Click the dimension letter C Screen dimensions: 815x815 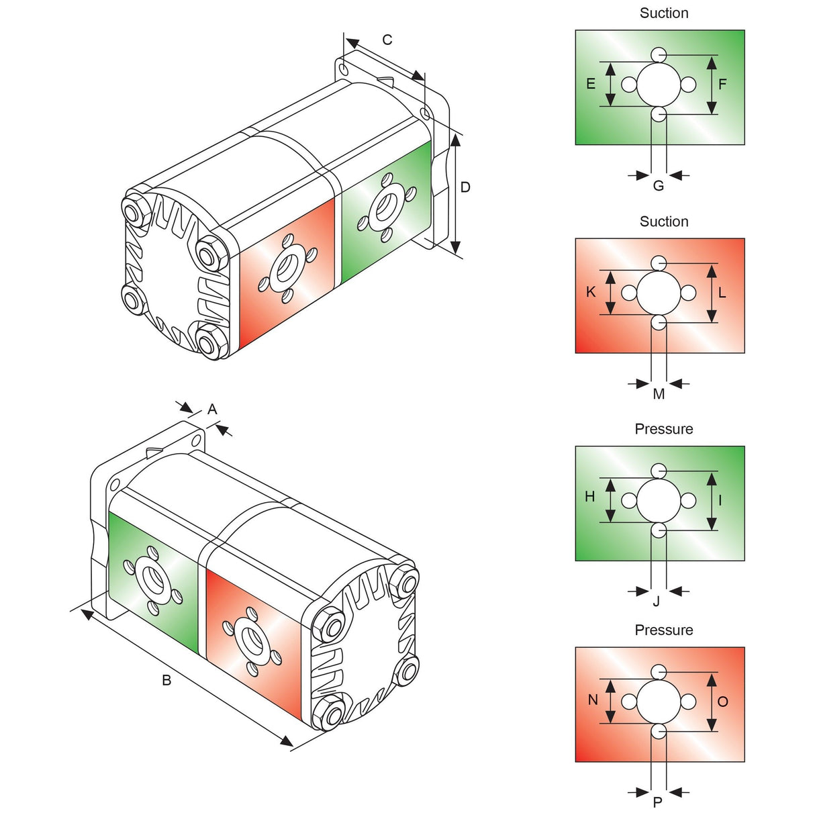coord(387,40)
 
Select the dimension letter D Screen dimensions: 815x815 coord(465,187)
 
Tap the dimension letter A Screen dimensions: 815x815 coord(212,409)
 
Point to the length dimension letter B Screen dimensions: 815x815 coord(166,680)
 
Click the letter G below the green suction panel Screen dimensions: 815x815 coord(659,186)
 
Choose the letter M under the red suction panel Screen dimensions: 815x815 coord(659,394)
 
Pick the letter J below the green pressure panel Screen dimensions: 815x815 coord(657,602)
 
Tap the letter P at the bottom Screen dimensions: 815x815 coord(658,802)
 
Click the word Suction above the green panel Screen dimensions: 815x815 coord(664,13)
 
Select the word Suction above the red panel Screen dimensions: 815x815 coord(664,222)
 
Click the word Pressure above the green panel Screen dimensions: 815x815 coord(664,429)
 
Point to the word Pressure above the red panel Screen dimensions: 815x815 coord(664,630)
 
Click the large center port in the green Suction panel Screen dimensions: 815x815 coord(659,85)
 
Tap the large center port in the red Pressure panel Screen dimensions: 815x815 coord(659,702)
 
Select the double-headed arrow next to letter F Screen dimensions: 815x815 coord(712,85)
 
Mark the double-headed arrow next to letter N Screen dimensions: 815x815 coord(610,701)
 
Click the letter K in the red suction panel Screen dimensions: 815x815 coord(591,292)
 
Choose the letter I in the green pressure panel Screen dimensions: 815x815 coord(720,500)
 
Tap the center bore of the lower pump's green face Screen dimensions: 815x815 coord(152,579)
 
